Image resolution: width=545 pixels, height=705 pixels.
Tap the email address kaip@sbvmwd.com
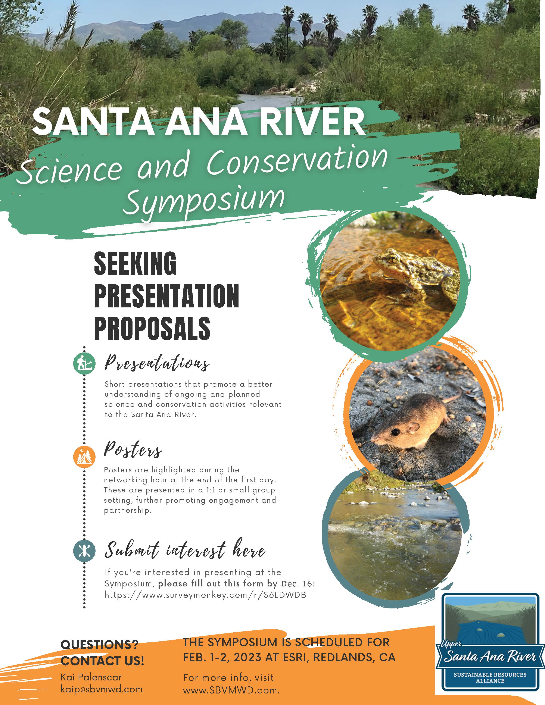pyautogui.click(x=101, y=689)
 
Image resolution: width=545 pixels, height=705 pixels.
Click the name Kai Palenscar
pyautogui.click(x=91, y=677)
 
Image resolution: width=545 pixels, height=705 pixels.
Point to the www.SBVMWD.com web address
pyautogui.click(x=231, y=690)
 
